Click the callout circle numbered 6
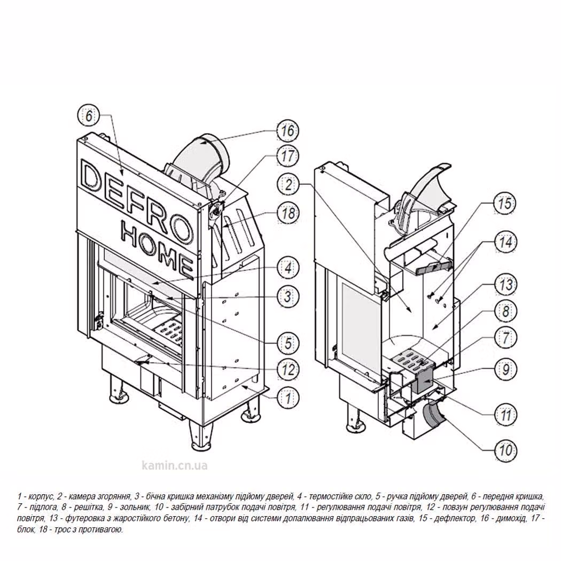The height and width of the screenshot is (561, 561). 89,115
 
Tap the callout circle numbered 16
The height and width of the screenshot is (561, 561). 287,130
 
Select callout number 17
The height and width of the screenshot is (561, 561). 287,156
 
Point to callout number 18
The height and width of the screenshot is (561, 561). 287,213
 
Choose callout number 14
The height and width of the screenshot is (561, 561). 505,242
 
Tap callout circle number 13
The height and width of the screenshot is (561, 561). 505,285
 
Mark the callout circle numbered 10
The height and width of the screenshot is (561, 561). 505,450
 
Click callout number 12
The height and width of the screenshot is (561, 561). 289,369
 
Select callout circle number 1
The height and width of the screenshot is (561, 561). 289,396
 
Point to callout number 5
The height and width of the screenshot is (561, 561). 289,342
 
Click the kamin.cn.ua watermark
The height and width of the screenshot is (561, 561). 174,465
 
